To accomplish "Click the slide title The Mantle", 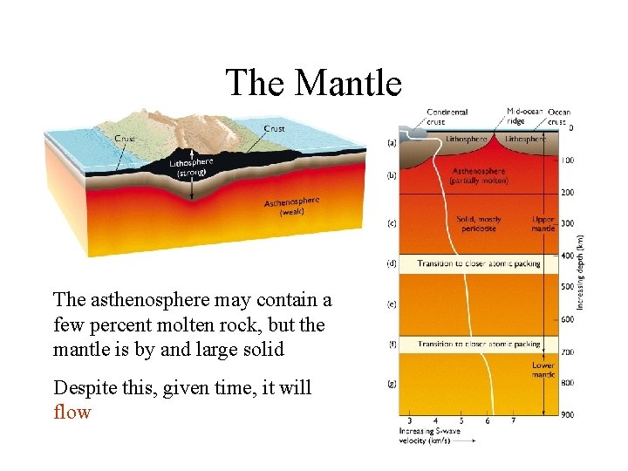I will (x=313, y=84).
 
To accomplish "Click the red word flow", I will (x=72, y=412).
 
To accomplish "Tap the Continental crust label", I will (x=447, y=117).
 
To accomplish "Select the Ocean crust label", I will (x=559, y=117).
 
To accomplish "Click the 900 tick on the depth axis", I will (x=568, y=414).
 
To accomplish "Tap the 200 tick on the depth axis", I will (x=568, y=192).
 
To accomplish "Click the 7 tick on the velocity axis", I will (x=513, y=420).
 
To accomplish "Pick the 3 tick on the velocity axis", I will (x=410, y=420).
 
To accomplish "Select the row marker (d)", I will (x=392, y=263).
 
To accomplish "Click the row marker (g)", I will (x=392, y=383).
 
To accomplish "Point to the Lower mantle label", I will (x=543, y=370).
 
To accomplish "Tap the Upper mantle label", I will (x=543, y=224).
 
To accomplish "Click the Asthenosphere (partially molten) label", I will (x=479, y=175).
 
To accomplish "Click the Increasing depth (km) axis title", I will (x=580, y=271).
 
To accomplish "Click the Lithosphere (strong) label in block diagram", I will (x=190, y=167).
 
